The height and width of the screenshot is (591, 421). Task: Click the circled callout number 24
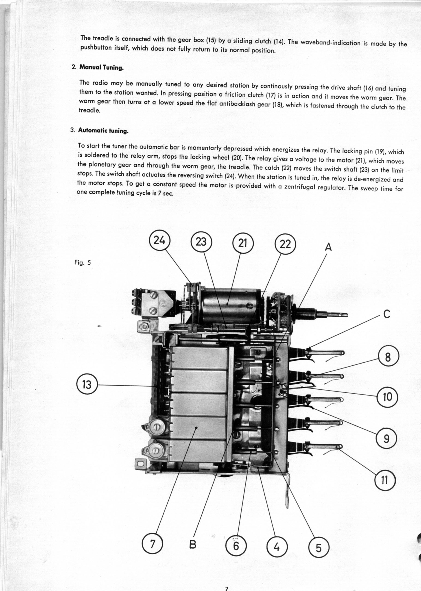(x=159, y=241)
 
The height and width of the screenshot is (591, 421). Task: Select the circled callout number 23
(x=201, y=242)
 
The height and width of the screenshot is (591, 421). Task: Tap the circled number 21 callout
(x=243, y=244)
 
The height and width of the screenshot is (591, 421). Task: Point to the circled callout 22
(x=285, y=245)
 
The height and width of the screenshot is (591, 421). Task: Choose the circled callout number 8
(x=388, y=358)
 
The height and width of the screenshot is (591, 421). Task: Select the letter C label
(x=387, y=314)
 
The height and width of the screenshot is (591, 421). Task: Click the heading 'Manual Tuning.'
(x=101, y=68)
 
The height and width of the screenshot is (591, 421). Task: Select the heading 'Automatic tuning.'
(x=103, y=130)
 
